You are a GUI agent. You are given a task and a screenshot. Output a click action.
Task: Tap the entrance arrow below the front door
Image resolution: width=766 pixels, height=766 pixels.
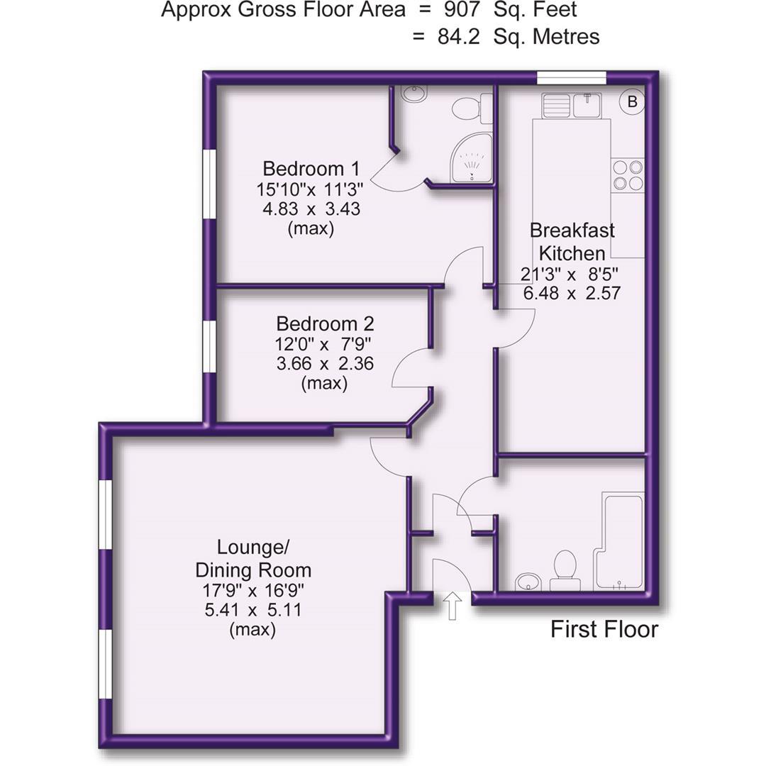point(453,607)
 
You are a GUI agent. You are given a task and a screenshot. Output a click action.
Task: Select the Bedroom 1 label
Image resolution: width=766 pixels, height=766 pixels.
point(311,169)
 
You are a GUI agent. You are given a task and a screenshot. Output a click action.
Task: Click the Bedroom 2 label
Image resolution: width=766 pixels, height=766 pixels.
point(325,324)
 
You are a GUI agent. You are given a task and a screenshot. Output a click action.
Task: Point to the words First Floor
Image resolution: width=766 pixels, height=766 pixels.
point(604,629)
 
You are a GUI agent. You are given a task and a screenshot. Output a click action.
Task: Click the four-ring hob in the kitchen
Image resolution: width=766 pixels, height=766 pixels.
point(628,175)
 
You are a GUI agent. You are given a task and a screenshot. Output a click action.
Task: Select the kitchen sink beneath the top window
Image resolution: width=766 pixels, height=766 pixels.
point(572,106)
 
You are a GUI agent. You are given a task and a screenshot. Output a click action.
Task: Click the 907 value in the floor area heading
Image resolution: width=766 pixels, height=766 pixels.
point(470,10)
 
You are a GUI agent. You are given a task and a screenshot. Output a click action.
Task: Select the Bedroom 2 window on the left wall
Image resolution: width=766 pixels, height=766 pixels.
point(210,347)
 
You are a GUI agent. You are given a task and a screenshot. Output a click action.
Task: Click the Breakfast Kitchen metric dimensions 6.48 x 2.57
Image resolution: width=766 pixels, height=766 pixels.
point(572,292)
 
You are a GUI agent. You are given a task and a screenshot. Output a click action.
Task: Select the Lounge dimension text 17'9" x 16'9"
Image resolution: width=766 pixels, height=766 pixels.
point(253,591)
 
